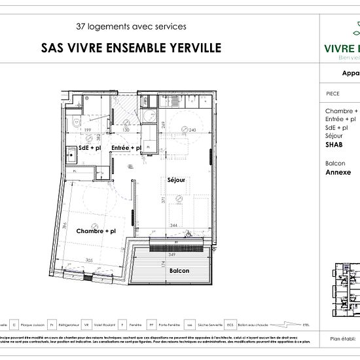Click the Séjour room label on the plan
tap(177, 180)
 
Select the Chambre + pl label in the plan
tap(96, 231)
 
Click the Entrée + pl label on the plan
tap(126, 149)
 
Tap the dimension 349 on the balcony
tap(171, 253)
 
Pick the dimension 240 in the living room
tap(192, 130)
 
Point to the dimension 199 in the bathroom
tap(86, 130)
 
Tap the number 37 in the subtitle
tap(82, 27)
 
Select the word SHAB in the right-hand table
tap(334, 144)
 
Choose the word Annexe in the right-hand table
tap(338, 173)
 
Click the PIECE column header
tap(333, 94)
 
